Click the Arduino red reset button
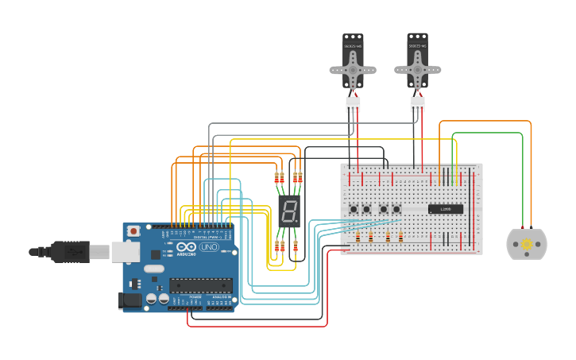point(133,230)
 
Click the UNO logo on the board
point(208,247)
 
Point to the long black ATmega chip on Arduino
point(200,285)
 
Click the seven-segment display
point(289,211)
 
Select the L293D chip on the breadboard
point(445,209)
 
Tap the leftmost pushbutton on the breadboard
point(354,209)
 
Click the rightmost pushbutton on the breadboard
point(396,209)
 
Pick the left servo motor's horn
point(353,70)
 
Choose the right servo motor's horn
point(417,69)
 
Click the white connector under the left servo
point(353,104)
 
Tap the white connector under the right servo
point(417,104)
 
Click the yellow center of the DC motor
point(526,244)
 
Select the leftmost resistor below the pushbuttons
point(358,236)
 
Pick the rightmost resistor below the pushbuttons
point(400,236)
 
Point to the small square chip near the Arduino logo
point(156,255)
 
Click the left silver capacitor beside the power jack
point(150,299)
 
